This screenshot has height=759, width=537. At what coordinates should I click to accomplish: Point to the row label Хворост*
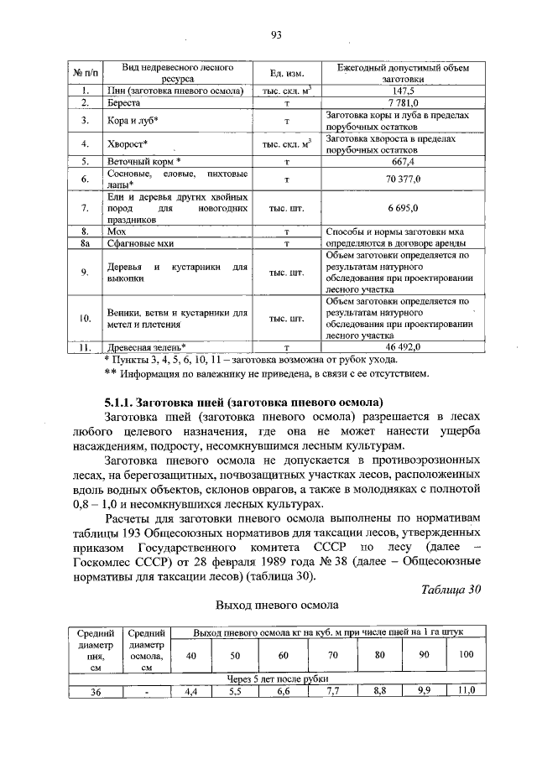(x=123, y=143)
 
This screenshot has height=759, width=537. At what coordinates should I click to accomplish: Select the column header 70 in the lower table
(x=332, y=654)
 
